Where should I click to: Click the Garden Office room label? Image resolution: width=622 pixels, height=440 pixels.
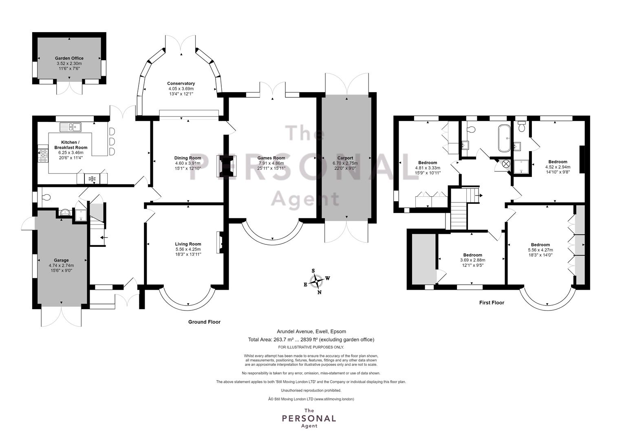69,58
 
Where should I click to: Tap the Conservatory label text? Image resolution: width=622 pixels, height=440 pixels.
181,84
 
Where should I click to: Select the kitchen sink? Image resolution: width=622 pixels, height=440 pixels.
71,127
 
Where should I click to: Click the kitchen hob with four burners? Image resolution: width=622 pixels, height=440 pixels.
43,156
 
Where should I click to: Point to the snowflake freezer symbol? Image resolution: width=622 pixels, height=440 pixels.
92,179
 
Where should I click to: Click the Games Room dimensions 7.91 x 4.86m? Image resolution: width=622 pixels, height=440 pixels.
271,163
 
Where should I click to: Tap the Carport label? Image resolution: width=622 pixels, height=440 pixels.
345,158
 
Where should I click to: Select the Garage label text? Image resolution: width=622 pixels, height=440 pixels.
61,260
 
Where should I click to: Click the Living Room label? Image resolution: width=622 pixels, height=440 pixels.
188,244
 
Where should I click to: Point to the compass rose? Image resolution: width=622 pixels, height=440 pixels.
317,281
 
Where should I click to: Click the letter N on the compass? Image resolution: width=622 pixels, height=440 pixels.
320,292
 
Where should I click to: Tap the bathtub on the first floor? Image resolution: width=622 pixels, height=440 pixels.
504,138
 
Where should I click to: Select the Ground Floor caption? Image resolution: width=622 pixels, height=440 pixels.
204,322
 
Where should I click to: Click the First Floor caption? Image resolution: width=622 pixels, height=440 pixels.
492,303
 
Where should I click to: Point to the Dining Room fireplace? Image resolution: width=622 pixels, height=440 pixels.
227,166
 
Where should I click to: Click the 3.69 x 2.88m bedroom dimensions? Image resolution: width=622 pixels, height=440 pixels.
472,260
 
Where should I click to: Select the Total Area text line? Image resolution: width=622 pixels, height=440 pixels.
311,339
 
